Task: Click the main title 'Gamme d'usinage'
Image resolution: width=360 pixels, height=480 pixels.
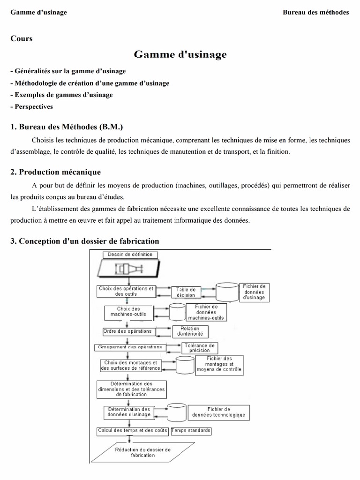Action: [x=180, y=55]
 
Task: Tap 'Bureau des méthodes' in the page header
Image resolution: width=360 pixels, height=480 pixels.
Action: [x=315, y=12]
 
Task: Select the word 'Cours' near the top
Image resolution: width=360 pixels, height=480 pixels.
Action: [x=22, y=38]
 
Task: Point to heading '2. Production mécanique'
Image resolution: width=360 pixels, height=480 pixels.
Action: [x=55, y=172]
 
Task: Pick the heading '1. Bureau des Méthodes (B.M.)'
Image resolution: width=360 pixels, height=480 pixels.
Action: [x=67, y=127]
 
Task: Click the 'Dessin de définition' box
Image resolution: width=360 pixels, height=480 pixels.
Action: [x=130, y=255]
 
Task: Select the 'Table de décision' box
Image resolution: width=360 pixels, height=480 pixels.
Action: [x=186, y=292]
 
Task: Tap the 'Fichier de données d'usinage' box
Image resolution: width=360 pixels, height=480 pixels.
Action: [x=254, y=292]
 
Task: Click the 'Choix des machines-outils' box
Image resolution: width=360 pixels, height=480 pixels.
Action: [x=128, y=312]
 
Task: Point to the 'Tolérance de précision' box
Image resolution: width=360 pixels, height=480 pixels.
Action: [x=200, y=348]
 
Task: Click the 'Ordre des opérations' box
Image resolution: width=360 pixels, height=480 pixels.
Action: [x=127, y=331]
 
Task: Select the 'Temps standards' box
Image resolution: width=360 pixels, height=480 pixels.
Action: [x=191, y=430]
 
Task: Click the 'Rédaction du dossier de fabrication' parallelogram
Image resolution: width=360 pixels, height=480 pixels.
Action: [x=142, y=452]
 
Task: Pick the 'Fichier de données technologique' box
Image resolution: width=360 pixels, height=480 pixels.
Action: [x=218, y=412]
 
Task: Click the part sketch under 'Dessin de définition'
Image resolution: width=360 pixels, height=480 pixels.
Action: [x=128, y=269]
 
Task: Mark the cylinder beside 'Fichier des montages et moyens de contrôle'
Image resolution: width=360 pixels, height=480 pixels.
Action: [x=184, y=365]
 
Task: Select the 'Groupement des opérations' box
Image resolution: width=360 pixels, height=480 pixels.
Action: [x=130, y=347]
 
